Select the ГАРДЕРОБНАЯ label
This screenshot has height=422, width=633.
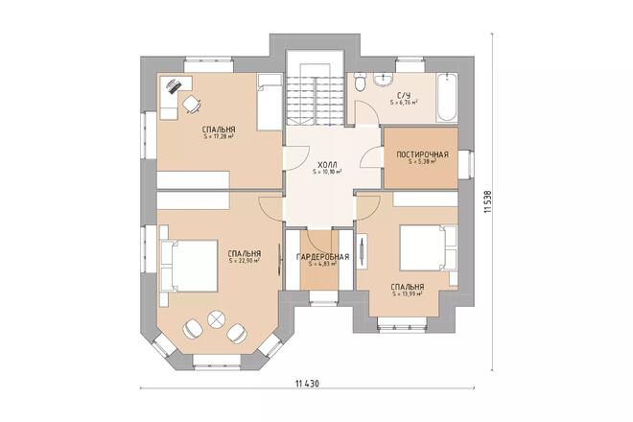(x=321, y=257)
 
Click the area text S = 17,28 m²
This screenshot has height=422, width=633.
(x=219, y=136)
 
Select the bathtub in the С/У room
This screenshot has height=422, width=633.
(x=446, y=97)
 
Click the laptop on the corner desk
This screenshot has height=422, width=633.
(x=173, y=86)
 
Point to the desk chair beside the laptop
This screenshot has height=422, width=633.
(x=190, y=103)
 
